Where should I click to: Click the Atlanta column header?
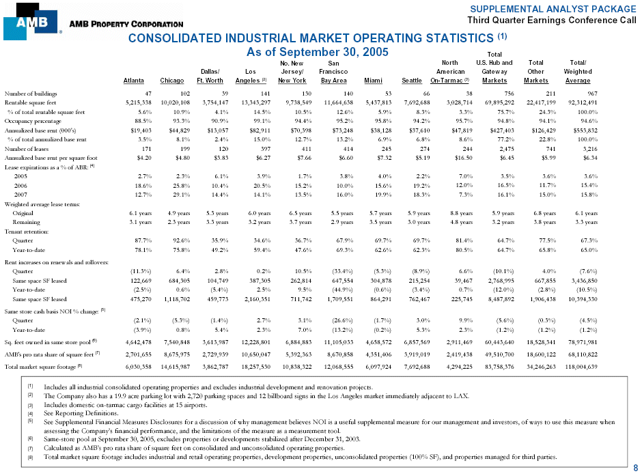133,80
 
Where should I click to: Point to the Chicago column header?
171,80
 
